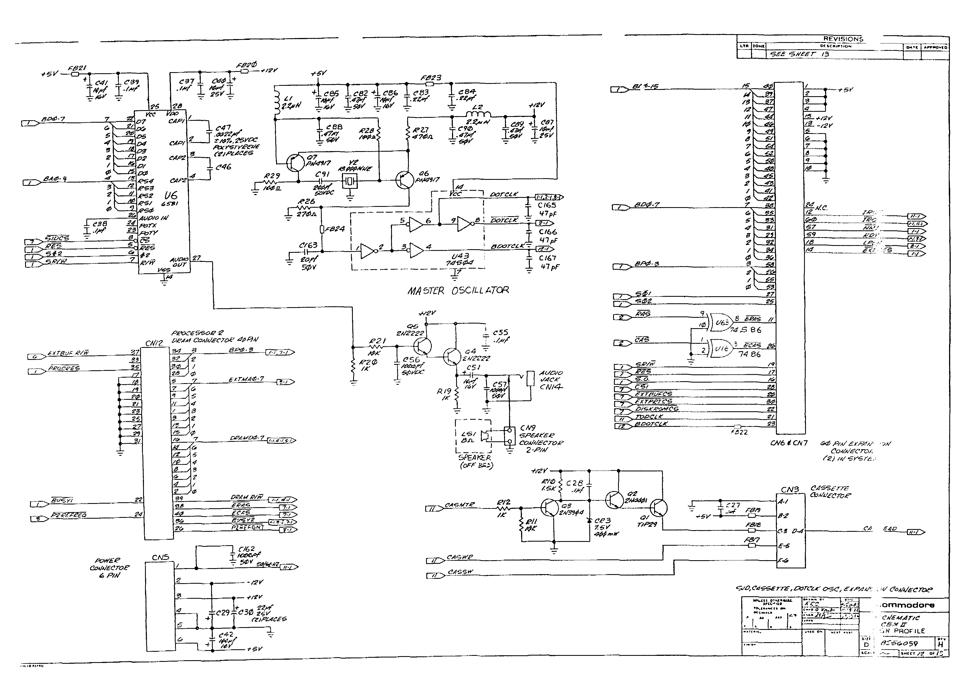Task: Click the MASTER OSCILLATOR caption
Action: pos(458,291)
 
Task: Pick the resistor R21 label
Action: pos(377,341)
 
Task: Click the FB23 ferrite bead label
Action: pos(431,78)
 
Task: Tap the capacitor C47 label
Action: pos(223,128)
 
